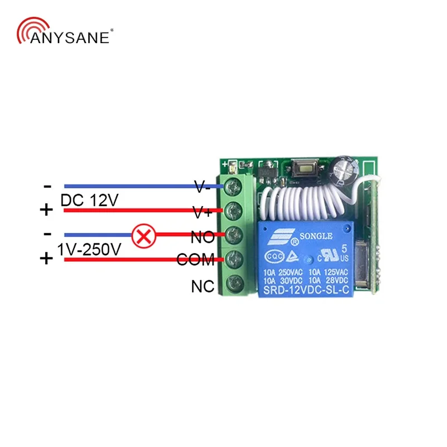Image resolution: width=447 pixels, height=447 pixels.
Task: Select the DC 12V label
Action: [89, 199]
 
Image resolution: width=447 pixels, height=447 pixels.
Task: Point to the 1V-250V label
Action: [89, 249]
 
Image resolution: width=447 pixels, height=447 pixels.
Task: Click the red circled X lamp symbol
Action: [143, 236]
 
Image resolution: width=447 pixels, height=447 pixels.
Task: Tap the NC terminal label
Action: [202, 287]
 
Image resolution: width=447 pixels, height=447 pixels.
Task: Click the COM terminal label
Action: [196, 260]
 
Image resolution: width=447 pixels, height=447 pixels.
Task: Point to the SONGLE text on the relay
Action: [317, 235]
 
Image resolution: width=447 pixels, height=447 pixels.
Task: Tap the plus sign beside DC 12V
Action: [46, 210]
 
